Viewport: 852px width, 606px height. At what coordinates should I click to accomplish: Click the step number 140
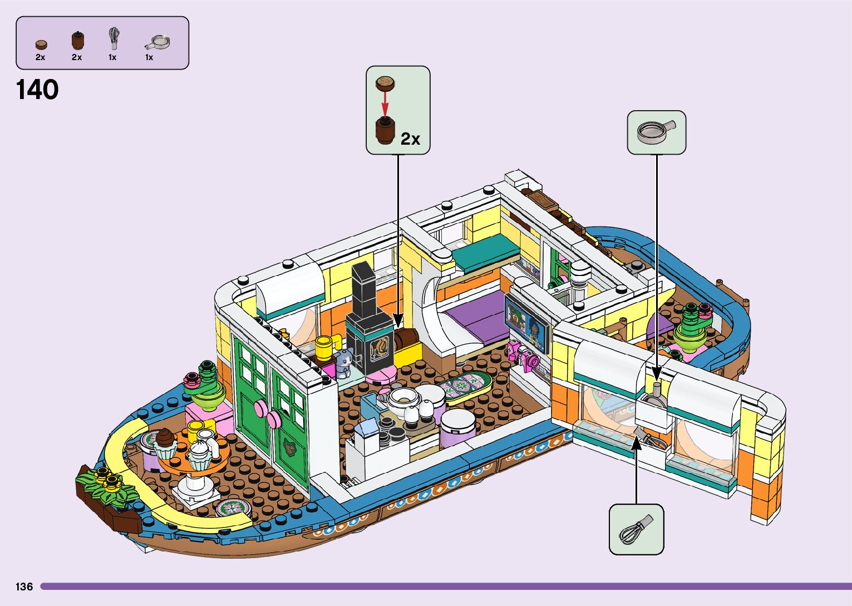37,90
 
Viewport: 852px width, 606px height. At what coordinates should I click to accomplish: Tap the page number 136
24,587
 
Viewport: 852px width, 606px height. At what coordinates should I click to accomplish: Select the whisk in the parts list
114,38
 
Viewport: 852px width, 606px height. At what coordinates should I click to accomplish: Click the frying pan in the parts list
157,42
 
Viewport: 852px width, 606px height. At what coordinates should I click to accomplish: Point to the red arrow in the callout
385,102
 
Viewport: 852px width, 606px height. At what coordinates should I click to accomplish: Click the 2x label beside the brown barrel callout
410,139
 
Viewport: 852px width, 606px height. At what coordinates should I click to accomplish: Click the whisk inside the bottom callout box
635,530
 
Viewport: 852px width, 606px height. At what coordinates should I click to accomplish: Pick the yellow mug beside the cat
324,348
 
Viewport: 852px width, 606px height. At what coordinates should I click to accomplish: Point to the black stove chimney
364,289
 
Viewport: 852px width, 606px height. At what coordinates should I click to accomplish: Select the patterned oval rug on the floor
465,386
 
